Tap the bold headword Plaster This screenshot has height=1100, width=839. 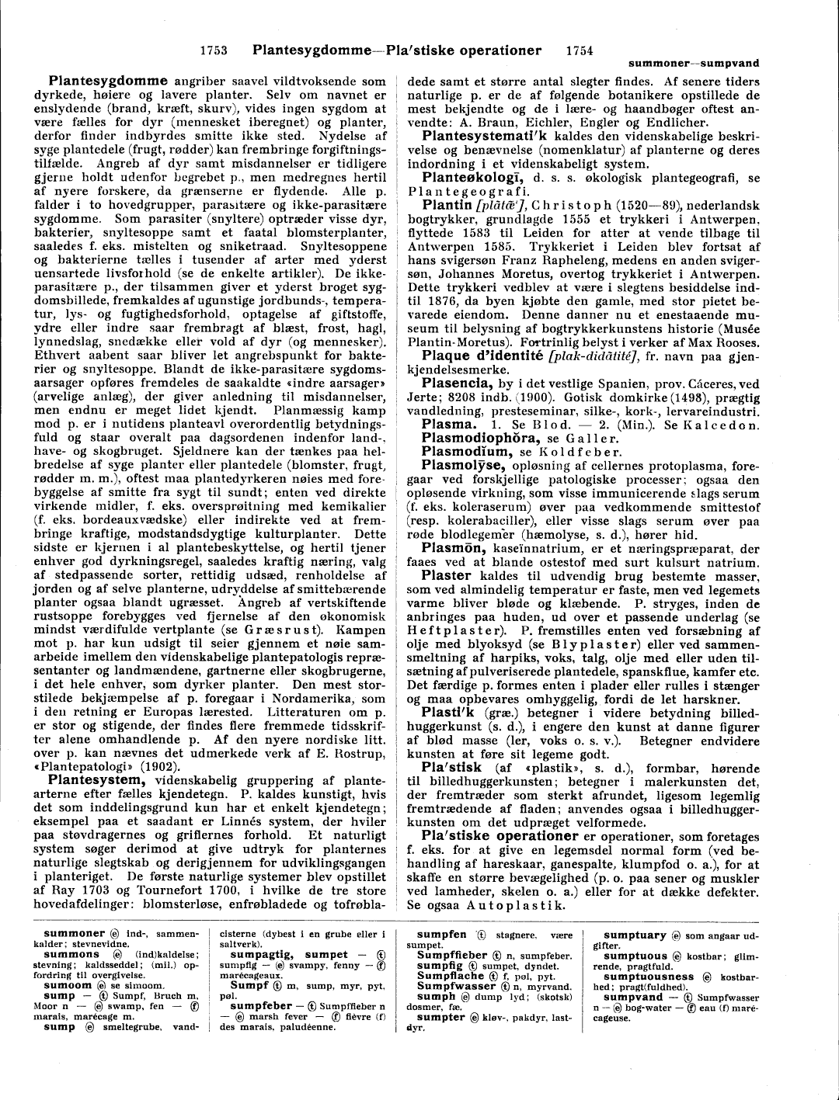[447, 576]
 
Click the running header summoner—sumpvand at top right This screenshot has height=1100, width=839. [693, 63]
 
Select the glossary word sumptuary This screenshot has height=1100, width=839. [635, 935]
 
